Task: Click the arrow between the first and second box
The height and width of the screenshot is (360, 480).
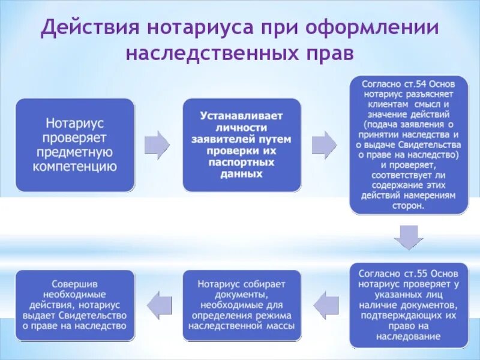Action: click(x=157, y=145)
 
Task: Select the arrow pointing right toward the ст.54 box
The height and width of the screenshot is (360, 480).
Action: click(x=324, y=145)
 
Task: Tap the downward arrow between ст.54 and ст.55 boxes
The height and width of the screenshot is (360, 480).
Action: click(x=409, y=238)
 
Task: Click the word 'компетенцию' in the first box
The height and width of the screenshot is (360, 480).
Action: click(x=75, y=166)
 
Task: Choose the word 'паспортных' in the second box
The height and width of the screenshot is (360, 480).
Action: click(x=241, y=162)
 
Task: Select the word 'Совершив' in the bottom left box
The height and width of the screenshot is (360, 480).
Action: click(x=75, y=283)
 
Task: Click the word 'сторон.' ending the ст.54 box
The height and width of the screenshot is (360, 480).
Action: click(x=409, y=205)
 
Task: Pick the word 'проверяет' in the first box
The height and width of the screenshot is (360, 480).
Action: click(x=75, y=137)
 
